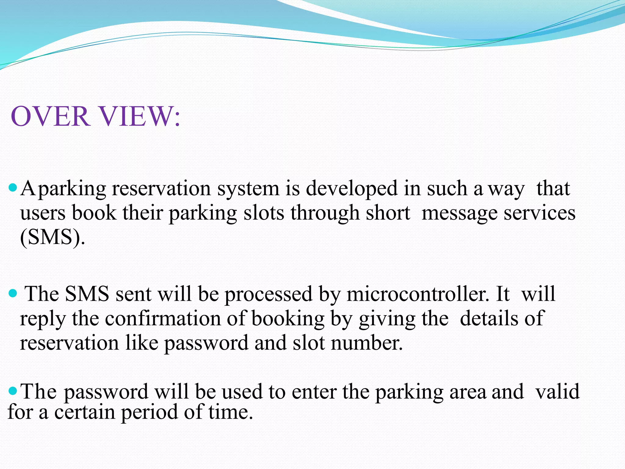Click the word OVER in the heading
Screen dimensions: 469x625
click(50, 116)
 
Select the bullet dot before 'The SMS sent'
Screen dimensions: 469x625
click(13, 294)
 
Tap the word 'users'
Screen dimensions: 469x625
click(43, 213)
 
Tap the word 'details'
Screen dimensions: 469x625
click(489, 318)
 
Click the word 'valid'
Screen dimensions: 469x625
click(557, 391)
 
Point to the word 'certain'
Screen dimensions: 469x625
click(85, 412)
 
